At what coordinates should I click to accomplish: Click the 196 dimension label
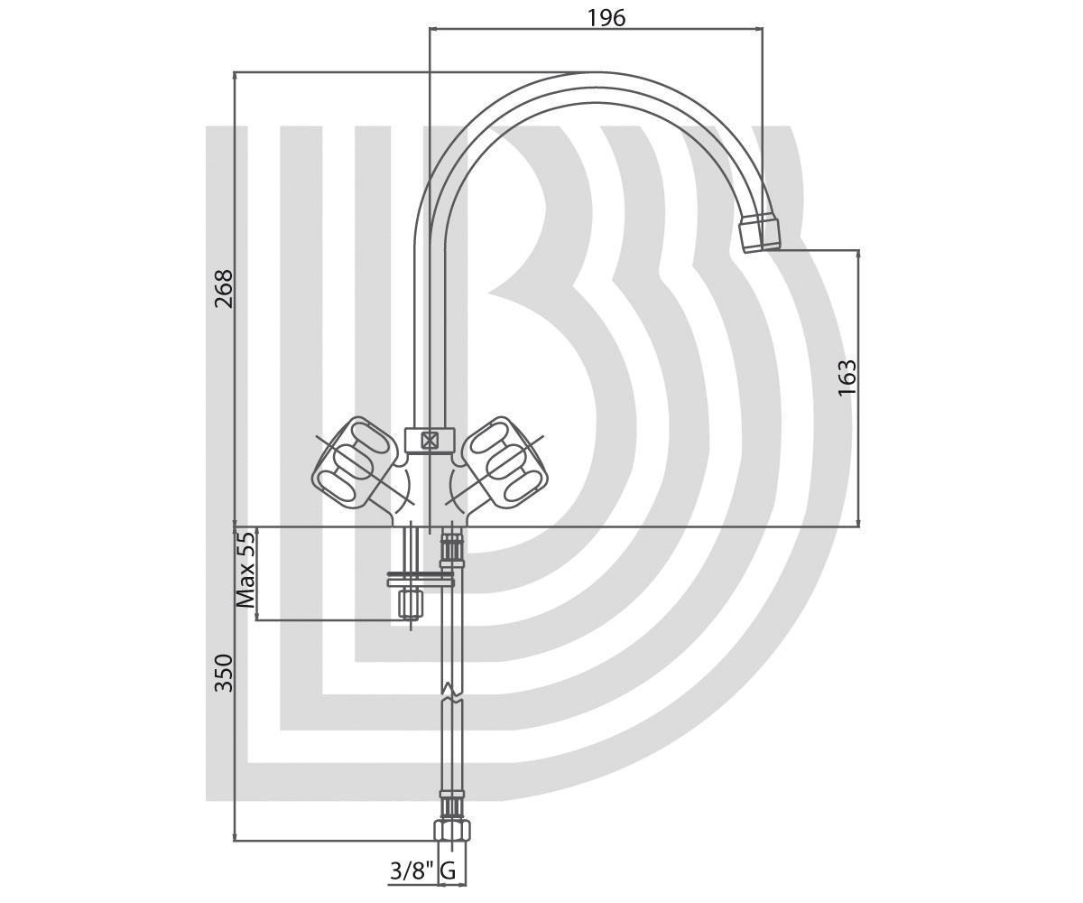[606, 18]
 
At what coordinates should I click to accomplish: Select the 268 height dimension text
[224, 289]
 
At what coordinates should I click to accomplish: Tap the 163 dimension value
[847, 377]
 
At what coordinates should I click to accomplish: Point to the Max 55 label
[245, 569]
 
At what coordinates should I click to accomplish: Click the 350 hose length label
[224, 673]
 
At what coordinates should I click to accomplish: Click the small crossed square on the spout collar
[430, 441]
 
